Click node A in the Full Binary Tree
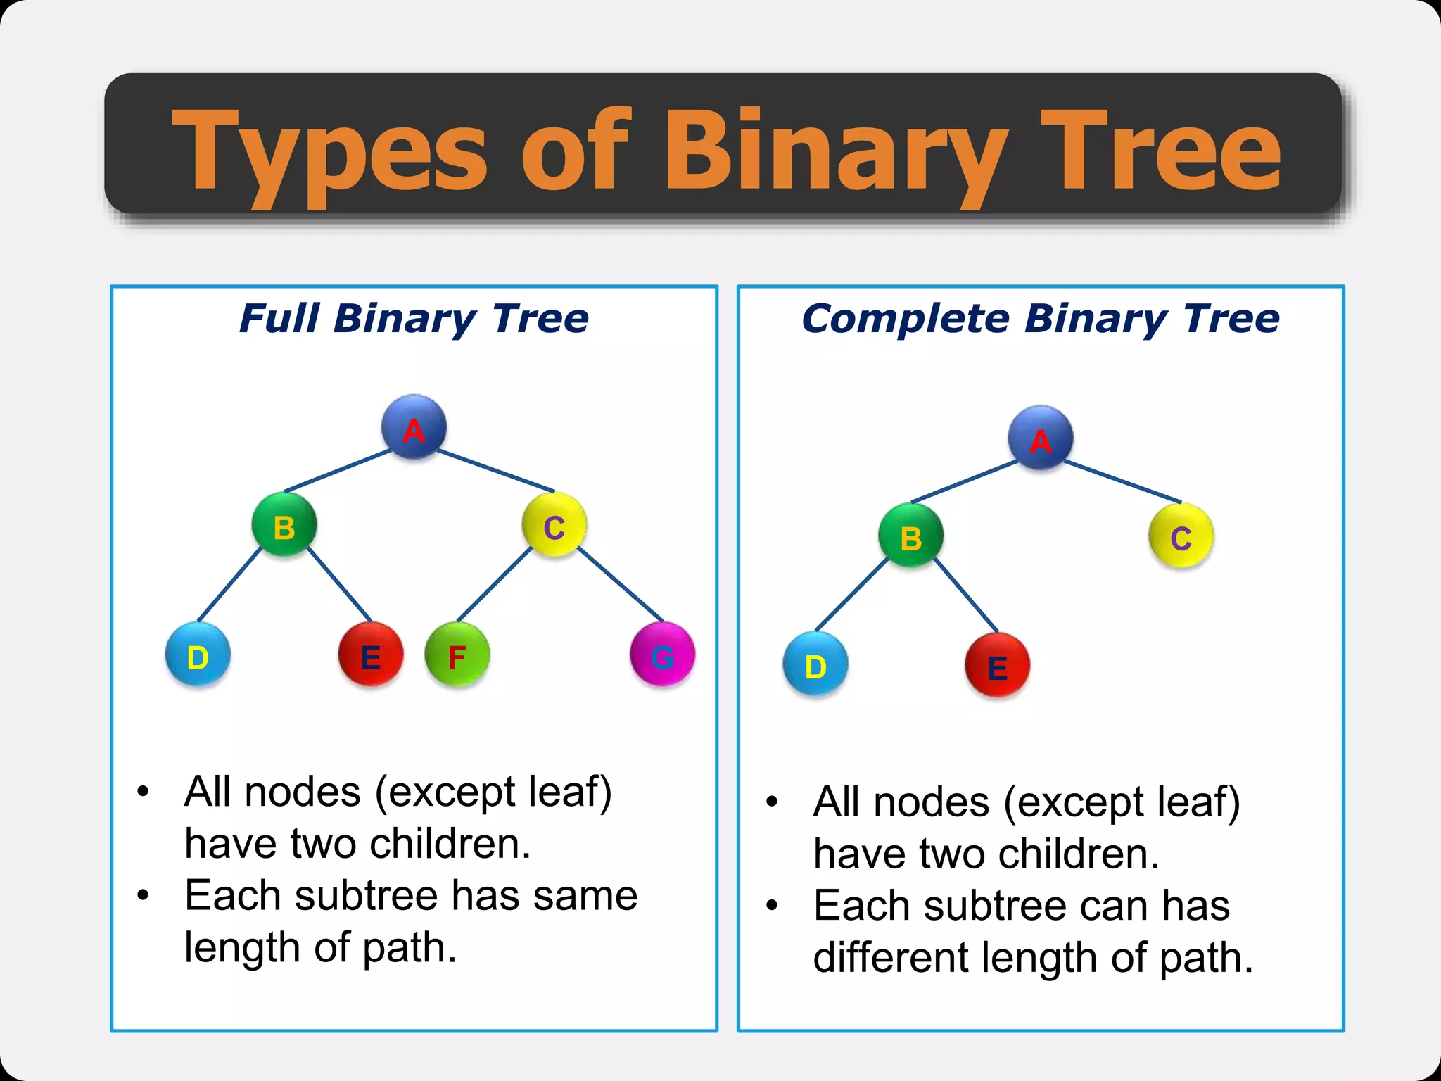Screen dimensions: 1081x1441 (414, 427)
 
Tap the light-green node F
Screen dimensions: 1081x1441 (457, 655)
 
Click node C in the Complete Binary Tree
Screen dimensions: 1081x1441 (1181, 536)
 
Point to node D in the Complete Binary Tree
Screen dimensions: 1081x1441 (815, 664)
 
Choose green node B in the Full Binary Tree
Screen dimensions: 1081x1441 (284, 525)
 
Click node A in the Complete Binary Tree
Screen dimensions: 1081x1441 (1041, 438)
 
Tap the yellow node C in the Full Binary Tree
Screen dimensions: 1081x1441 (554, 525)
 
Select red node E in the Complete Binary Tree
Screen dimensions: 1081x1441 (997, 664)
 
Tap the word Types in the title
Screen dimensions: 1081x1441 (329, 151)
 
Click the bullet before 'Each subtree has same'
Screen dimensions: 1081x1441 (144, 896)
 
